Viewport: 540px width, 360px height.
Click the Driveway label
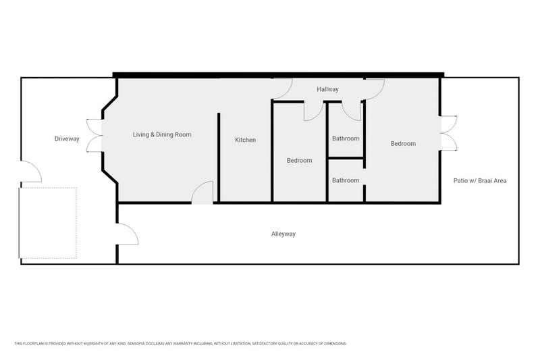point(67,139)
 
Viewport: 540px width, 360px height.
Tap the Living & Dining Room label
point(161,134)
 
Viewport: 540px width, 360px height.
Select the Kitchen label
point(245,140)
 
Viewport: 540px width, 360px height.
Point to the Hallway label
point(328,89)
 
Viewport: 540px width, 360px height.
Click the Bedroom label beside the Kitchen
point(299,160)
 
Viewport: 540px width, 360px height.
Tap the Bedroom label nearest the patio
point(403,143)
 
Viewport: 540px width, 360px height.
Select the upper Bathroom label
point(346,138)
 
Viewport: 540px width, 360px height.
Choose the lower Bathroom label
point(346,180)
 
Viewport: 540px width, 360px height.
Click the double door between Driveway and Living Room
point(94,135)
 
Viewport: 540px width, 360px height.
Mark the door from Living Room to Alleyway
point(203,194)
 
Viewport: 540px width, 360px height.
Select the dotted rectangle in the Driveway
point(49,222)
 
